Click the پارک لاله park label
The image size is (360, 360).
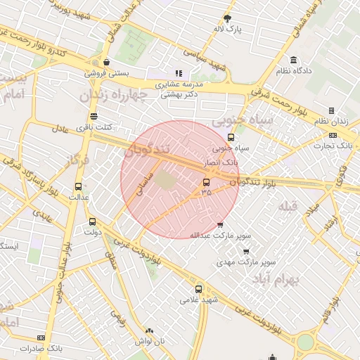[229, 30]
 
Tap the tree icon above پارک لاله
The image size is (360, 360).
[227, 18]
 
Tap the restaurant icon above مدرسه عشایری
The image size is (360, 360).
[179, 72]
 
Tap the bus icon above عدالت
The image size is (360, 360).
[78, 187]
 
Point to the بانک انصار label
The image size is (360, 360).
[220, 162]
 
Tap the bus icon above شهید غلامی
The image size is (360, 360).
[198, 288]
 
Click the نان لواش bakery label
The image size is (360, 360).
[149, 340]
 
